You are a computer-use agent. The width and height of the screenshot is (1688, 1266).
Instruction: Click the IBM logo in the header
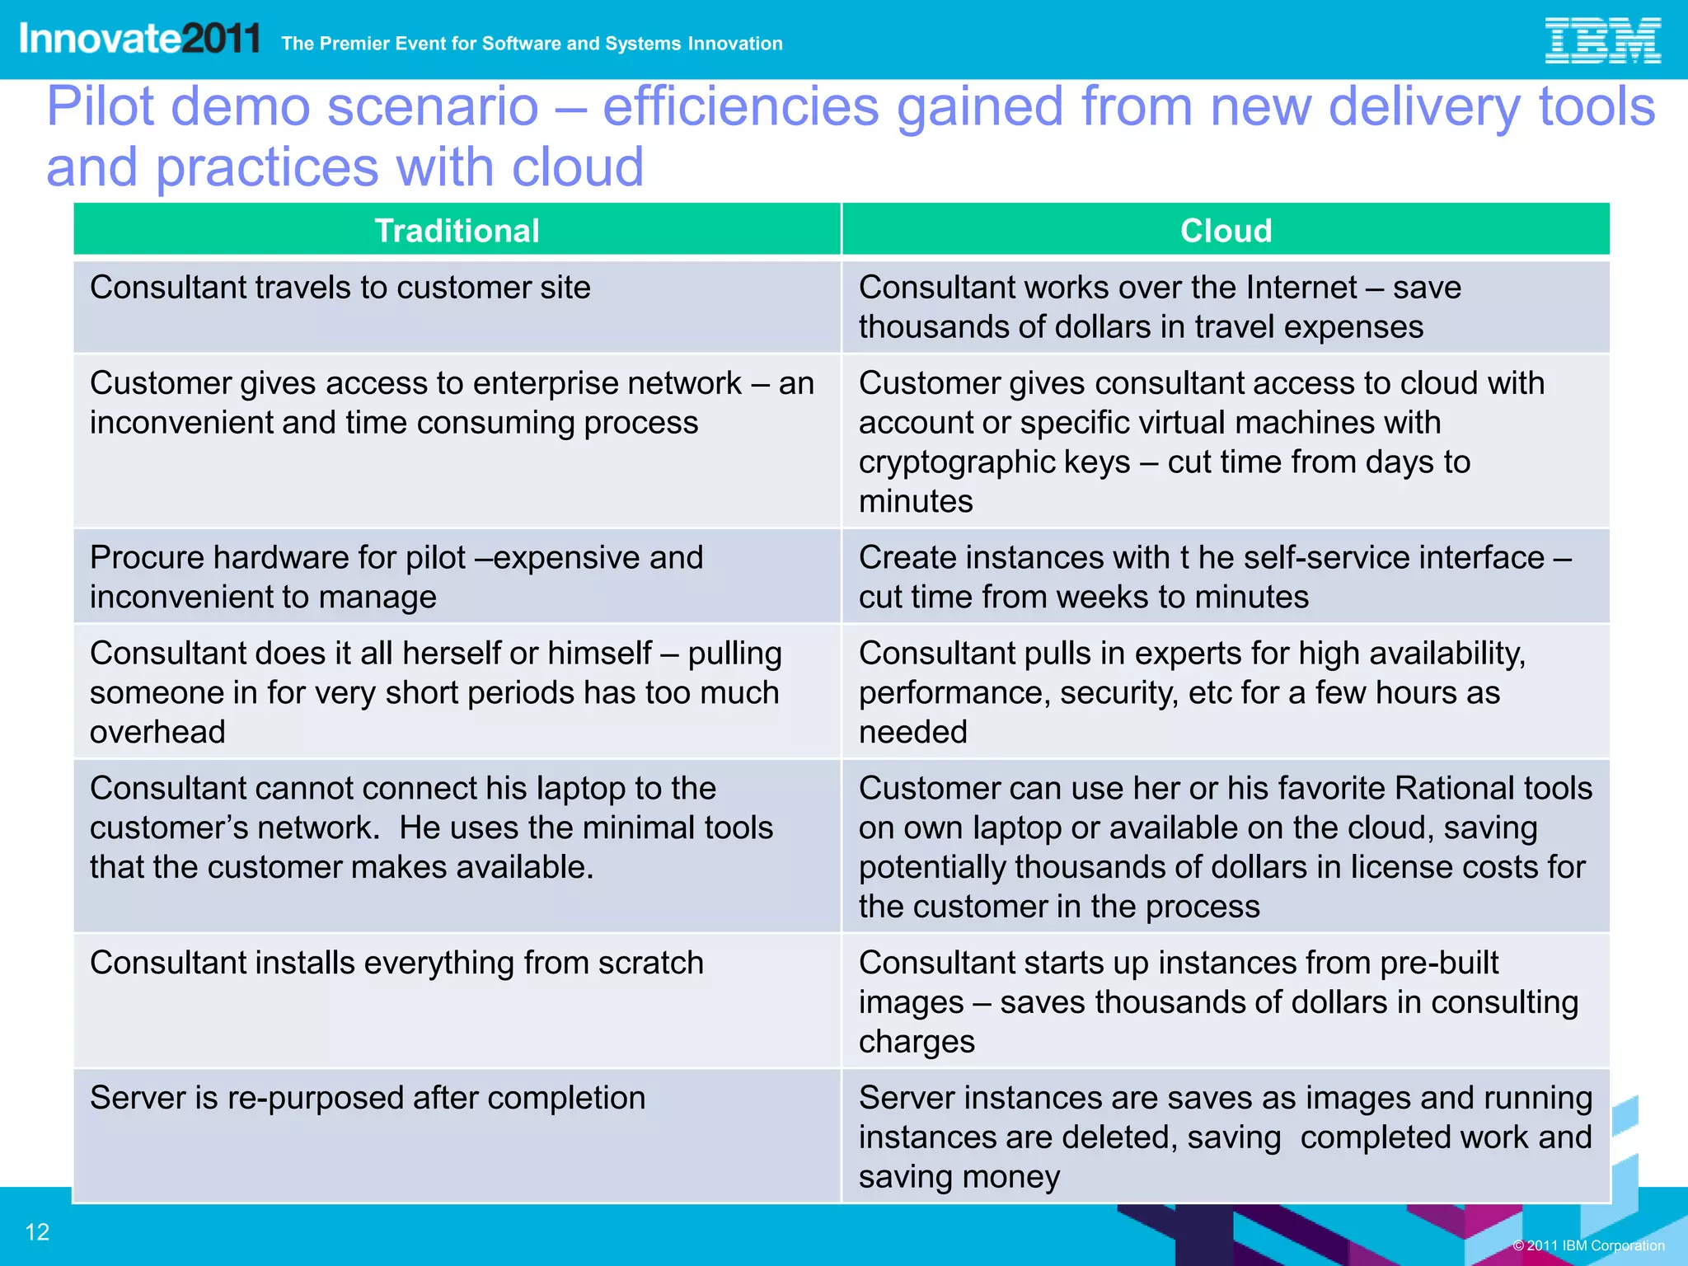click(x=1601, y=40)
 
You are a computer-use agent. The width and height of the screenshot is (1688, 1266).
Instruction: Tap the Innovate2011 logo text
click(x=139, y=39)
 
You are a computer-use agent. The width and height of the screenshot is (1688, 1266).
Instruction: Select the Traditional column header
click(x=457, y=231)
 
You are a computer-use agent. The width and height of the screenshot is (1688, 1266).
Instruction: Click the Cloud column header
click(x=1226, y=231)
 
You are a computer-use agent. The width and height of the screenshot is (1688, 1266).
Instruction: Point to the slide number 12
click(x=37, y=1232)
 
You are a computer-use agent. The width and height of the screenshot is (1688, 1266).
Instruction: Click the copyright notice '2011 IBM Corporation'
click(x=1588, y=1245)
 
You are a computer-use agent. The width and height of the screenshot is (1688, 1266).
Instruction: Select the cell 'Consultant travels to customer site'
click(x=340, y=288)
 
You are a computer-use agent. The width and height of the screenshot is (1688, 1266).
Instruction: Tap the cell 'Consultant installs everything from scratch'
click(x=396, y=963)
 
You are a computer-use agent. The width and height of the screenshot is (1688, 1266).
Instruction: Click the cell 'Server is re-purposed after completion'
click(x=368, y=1098)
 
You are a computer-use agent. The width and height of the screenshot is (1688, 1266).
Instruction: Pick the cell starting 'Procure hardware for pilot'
click(x=396, y=576)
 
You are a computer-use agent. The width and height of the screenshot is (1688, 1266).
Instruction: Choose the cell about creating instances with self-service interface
click(x=1215, y=576)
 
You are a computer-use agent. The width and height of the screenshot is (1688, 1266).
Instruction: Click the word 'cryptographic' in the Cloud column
click(x=994, y=462)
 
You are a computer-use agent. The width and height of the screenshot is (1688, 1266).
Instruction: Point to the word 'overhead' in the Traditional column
click(x=157, y=732)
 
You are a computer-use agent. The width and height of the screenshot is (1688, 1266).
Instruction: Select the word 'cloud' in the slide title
click(x=577, y=167)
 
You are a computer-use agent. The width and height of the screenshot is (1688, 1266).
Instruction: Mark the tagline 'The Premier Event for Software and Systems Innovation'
click(x=532, y=44)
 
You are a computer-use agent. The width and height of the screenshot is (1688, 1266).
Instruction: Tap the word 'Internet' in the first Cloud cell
click(x=1301, y=288)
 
